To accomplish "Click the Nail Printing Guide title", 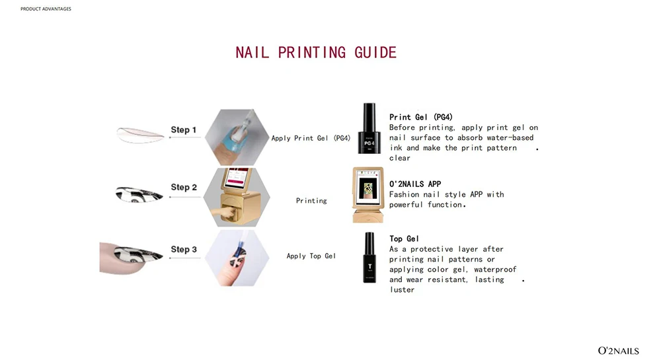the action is coord(316,53).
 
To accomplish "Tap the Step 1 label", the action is coord(183,129).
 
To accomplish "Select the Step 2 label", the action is coord(184,187).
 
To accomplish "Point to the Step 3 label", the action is coord(184,249).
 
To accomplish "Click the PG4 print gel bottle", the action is coord(369,128).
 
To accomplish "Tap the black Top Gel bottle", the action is coord(369,257).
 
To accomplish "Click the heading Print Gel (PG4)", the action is coord(420,117).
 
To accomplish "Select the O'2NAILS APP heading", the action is coord(415,184).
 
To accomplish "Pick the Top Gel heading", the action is coord(404,238).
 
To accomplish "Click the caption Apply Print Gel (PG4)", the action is coord(311,138).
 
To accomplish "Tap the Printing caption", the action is coord(311,200).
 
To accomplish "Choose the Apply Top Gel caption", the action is coord(311,256).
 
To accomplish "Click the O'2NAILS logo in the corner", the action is coord(619,351).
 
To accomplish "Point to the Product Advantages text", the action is coord(46,9).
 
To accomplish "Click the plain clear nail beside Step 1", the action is coord(140,135).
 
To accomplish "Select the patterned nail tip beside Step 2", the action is coord(139,194).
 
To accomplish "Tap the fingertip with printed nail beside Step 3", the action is coord(131,257).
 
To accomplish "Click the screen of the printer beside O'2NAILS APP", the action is coord(368,188).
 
